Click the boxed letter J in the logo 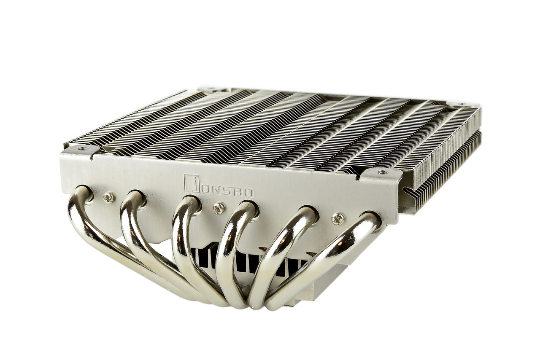[192, 183]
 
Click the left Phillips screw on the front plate [109, 198]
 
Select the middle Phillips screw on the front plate [219, 208]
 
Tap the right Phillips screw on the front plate [338, 218]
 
